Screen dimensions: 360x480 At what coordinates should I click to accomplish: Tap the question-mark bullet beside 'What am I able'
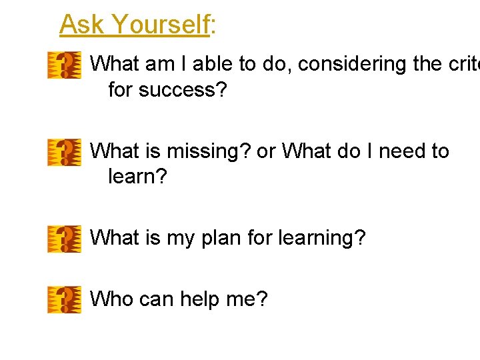[64, 65]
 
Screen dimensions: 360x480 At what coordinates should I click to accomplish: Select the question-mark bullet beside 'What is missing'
[64, 152]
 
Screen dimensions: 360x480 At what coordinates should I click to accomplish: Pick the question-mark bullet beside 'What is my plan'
[64, 239]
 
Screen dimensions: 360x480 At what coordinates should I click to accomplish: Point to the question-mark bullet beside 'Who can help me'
[64, 299]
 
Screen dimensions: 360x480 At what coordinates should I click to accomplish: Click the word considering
[356, 65]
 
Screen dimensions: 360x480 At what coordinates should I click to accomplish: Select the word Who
[111, 299]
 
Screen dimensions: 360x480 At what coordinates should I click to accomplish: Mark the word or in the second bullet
[265, 152]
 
